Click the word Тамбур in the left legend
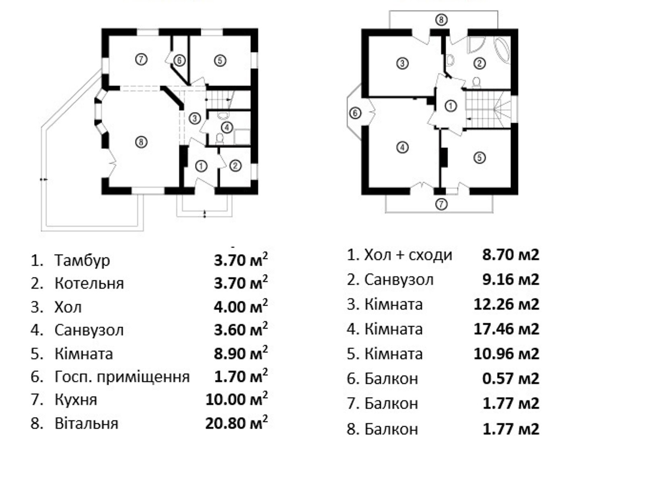click(82, 261)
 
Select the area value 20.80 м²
click(236, 423)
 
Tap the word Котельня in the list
click(89, 284)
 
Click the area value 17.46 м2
click(506, 329)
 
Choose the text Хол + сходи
click(408, 255)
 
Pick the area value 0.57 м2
click(511, 378)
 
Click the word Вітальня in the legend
click(86, 423)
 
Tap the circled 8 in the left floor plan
click(141, 142)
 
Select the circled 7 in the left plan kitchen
click(141, 59)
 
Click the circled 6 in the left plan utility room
click(179, 61)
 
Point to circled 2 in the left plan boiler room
click(235, 166)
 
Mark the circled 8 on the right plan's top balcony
click(441, 20)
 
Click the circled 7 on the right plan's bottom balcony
click(441, 204)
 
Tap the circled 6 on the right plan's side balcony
click(355, 113)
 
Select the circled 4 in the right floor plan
click(402, 147)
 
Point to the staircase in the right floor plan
click(488, 109)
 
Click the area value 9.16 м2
click(511, 280)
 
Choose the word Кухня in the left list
click(76, 400)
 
